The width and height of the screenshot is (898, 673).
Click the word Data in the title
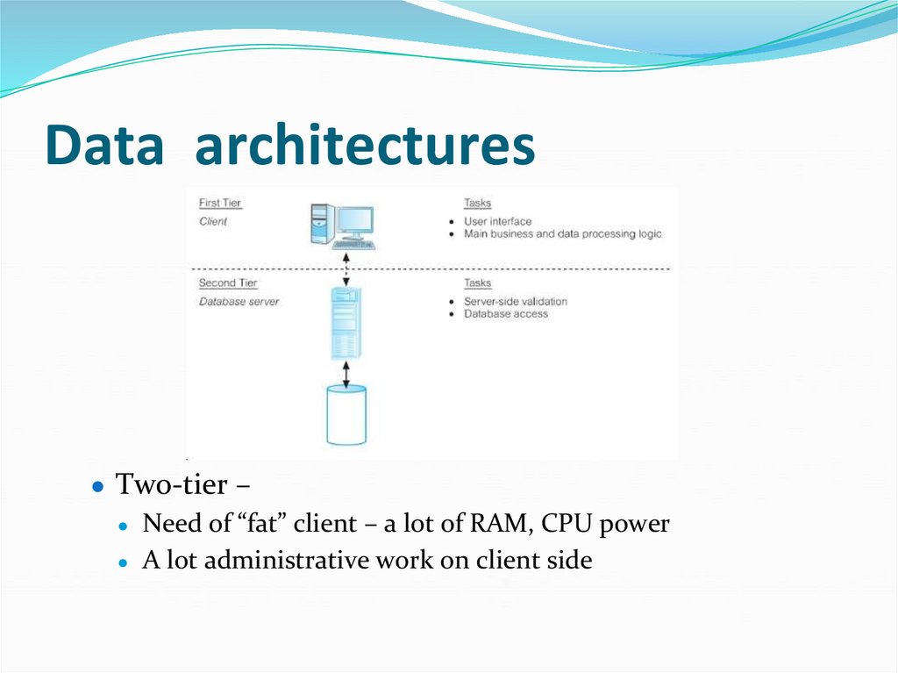[104, 146]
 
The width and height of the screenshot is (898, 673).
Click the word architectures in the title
[365, 146]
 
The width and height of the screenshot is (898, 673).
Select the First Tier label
[220, 204]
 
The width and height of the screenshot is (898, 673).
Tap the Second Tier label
[229, 283]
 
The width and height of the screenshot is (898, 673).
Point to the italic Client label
[213, 222]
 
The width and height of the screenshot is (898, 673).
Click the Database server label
[239, 302]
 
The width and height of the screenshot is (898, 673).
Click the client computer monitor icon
[353, 224]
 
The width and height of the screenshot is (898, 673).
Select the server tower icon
[347, 324]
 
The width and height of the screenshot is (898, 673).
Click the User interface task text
[497, 222]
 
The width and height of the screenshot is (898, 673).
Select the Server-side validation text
[515, 302]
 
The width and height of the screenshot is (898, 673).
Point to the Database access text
[505, 314]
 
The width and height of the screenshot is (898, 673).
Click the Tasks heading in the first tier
[478, 204]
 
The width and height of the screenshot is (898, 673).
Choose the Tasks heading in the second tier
[478, 283]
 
